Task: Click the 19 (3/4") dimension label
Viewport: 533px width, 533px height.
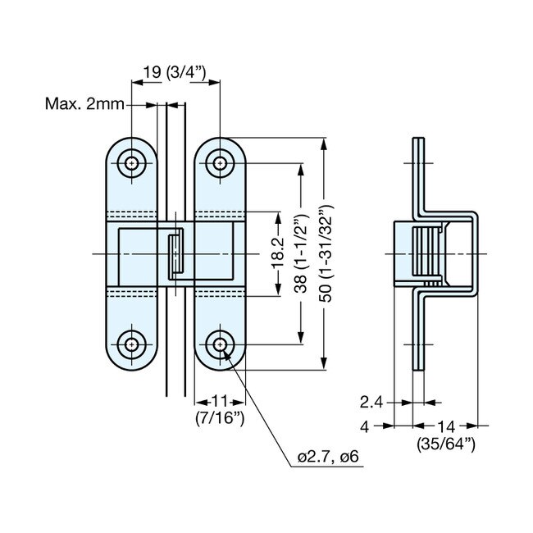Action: [x=175, y=73]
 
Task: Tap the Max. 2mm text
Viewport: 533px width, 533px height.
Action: [x=84, y=105]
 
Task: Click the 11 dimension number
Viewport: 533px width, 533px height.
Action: [x=220, y=402]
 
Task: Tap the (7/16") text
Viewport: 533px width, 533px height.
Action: [x=220, y=419]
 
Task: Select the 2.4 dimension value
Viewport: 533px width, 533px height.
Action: [x=371, y=402]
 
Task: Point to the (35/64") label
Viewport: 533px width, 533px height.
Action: [x=443, y=444]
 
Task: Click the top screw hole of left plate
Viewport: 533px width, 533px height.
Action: [x=132, y=163]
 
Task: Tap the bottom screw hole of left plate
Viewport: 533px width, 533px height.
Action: [x=132, y=345]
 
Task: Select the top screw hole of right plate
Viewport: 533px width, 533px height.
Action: [x=220, y=163]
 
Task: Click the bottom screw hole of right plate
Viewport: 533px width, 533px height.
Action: [x=220, y=345]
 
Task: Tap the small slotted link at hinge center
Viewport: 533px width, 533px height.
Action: [x=174, y=254]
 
